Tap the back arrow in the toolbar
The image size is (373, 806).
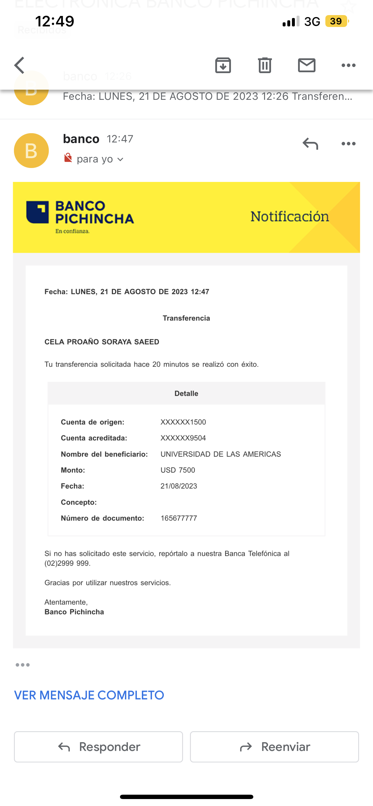[19, 65]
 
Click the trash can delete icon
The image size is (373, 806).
[265, 65]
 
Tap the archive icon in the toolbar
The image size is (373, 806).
[223, 65]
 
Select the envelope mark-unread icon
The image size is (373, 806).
[306, 65]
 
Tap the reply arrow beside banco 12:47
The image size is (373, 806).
[310, 144]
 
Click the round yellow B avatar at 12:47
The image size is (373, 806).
[31, 151]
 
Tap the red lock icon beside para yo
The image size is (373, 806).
[68, 158]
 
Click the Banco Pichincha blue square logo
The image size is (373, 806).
[37, 212]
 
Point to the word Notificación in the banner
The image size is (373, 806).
[290, 216]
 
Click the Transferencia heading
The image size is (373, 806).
[186, 318]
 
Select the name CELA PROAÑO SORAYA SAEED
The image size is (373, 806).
[102, 342]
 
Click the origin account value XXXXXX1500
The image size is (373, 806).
[183, 422]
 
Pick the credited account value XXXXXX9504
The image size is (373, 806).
[183, 438]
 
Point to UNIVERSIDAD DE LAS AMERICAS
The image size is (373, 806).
[221, 454]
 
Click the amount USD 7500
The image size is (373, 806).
[178, 470]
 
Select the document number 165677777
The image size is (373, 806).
[179, 518]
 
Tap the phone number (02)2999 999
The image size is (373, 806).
[67, 563]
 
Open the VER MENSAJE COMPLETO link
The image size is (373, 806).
[89, 695]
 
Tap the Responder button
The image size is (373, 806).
[98, 747]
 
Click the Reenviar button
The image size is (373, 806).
[274, 747]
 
